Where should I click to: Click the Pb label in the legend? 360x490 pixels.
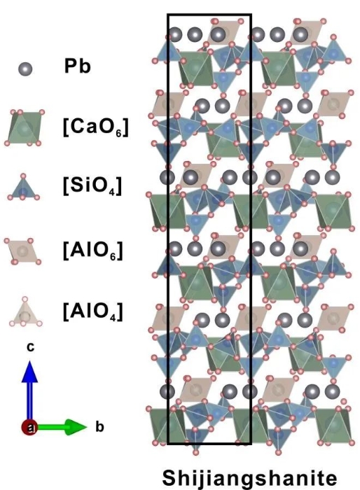tap(77, 66)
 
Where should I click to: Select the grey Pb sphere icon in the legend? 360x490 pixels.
tap(25, 69)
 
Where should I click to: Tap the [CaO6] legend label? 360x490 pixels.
tap(95, 127)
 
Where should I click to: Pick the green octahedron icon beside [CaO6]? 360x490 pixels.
tap(25, 127)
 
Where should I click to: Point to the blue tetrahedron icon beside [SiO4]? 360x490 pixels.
tap(23, 188)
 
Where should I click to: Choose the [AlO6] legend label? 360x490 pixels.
tap(92, 251)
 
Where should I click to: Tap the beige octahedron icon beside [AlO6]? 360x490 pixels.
tap(22, 251)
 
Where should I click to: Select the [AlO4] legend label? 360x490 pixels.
tap(92, 311)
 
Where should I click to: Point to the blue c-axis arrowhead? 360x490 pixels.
tap(29, 372)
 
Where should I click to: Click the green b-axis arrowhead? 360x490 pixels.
tap(76, 427)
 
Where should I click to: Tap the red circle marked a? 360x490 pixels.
tap(29, 427)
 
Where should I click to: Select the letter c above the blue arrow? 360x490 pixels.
tap(30, 347)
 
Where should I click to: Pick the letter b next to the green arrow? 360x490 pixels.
tap(99, 426)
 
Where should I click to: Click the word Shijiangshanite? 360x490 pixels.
tap(249, 478)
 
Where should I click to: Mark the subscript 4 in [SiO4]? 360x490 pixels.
tap(114, 191)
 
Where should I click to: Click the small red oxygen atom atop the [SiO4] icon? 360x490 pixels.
tap(23, 176)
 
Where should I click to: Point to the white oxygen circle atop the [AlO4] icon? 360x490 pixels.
tap(25, 299)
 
